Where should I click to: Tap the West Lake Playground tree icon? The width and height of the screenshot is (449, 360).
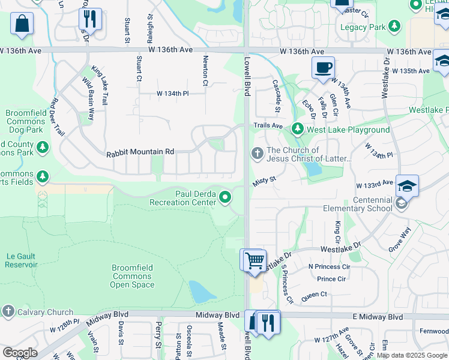point(297,129)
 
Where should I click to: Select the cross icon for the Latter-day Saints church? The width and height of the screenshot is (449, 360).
point(257,154)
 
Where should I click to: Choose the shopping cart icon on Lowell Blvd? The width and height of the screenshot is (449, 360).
point(255,260)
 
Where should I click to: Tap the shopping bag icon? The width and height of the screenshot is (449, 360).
point(22,24)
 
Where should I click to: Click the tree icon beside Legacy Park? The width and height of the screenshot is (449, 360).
point(394,26)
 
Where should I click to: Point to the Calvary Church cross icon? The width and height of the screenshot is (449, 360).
point(8,311)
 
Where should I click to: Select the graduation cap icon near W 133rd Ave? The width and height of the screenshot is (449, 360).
point(406,186)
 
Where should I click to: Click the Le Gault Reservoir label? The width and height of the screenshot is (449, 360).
point(22,260)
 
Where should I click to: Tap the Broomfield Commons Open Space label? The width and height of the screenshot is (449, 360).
point(132,276)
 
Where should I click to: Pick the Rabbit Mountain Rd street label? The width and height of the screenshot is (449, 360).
point(140,152)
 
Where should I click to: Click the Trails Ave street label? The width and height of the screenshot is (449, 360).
point(268,126)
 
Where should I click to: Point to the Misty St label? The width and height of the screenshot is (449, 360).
point(264,180)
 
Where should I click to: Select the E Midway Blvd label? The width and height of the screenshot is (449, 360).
point(378,316)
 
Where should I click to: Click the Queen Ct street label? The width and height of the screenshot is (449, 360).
point(314,294)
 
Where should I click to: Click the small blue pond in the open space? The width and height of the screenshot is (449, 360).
point(202,292)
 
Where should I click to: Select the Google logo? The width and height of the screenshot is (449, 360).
point(20,353)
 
